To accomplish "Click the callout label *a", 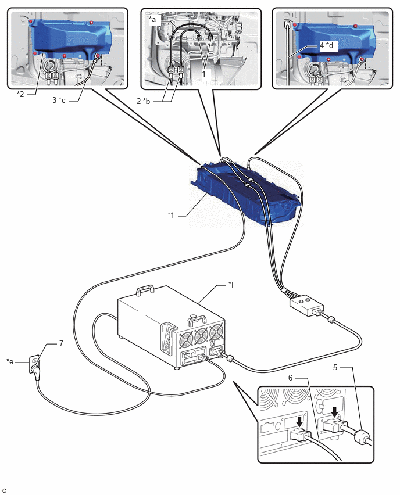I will pos(152,19).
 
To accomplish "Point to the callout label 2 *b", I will pos(144,101).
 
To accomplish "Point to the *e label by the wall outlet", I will pos(10,361).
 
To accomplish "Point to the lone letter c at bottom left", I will pos(5,490).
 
